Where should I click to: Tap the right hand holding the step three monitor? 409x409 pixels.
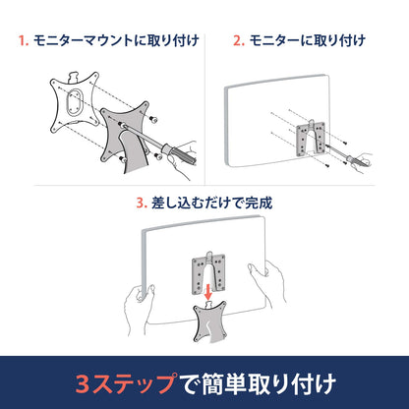(278, 290)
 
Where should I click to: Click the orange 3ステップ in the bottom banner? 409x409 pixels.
(124, 380)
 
